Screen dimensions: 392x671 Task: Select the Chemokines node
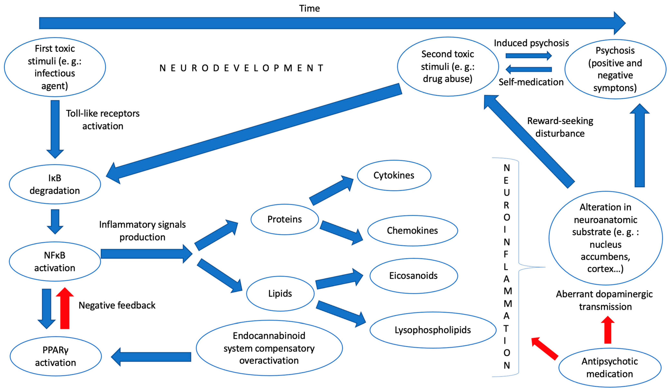(x=412, y=230)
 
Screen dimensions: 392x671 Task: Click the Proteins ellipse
(x=284, y=219)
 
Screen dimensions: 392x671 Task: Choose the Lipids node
(x=280, y=293)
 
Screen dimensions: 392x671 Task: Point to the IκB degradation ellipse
(x=55, y=184)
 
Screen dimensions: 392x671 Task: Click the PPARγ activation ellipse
(x=56, y=356)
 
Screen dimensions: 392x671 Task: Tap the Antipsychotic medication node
(x=610, y=368)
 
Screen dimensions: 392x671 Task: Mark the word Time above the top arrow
(x=309, y=9)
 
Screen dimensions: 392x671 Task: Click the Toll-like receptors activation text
(x=103, y=120)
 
